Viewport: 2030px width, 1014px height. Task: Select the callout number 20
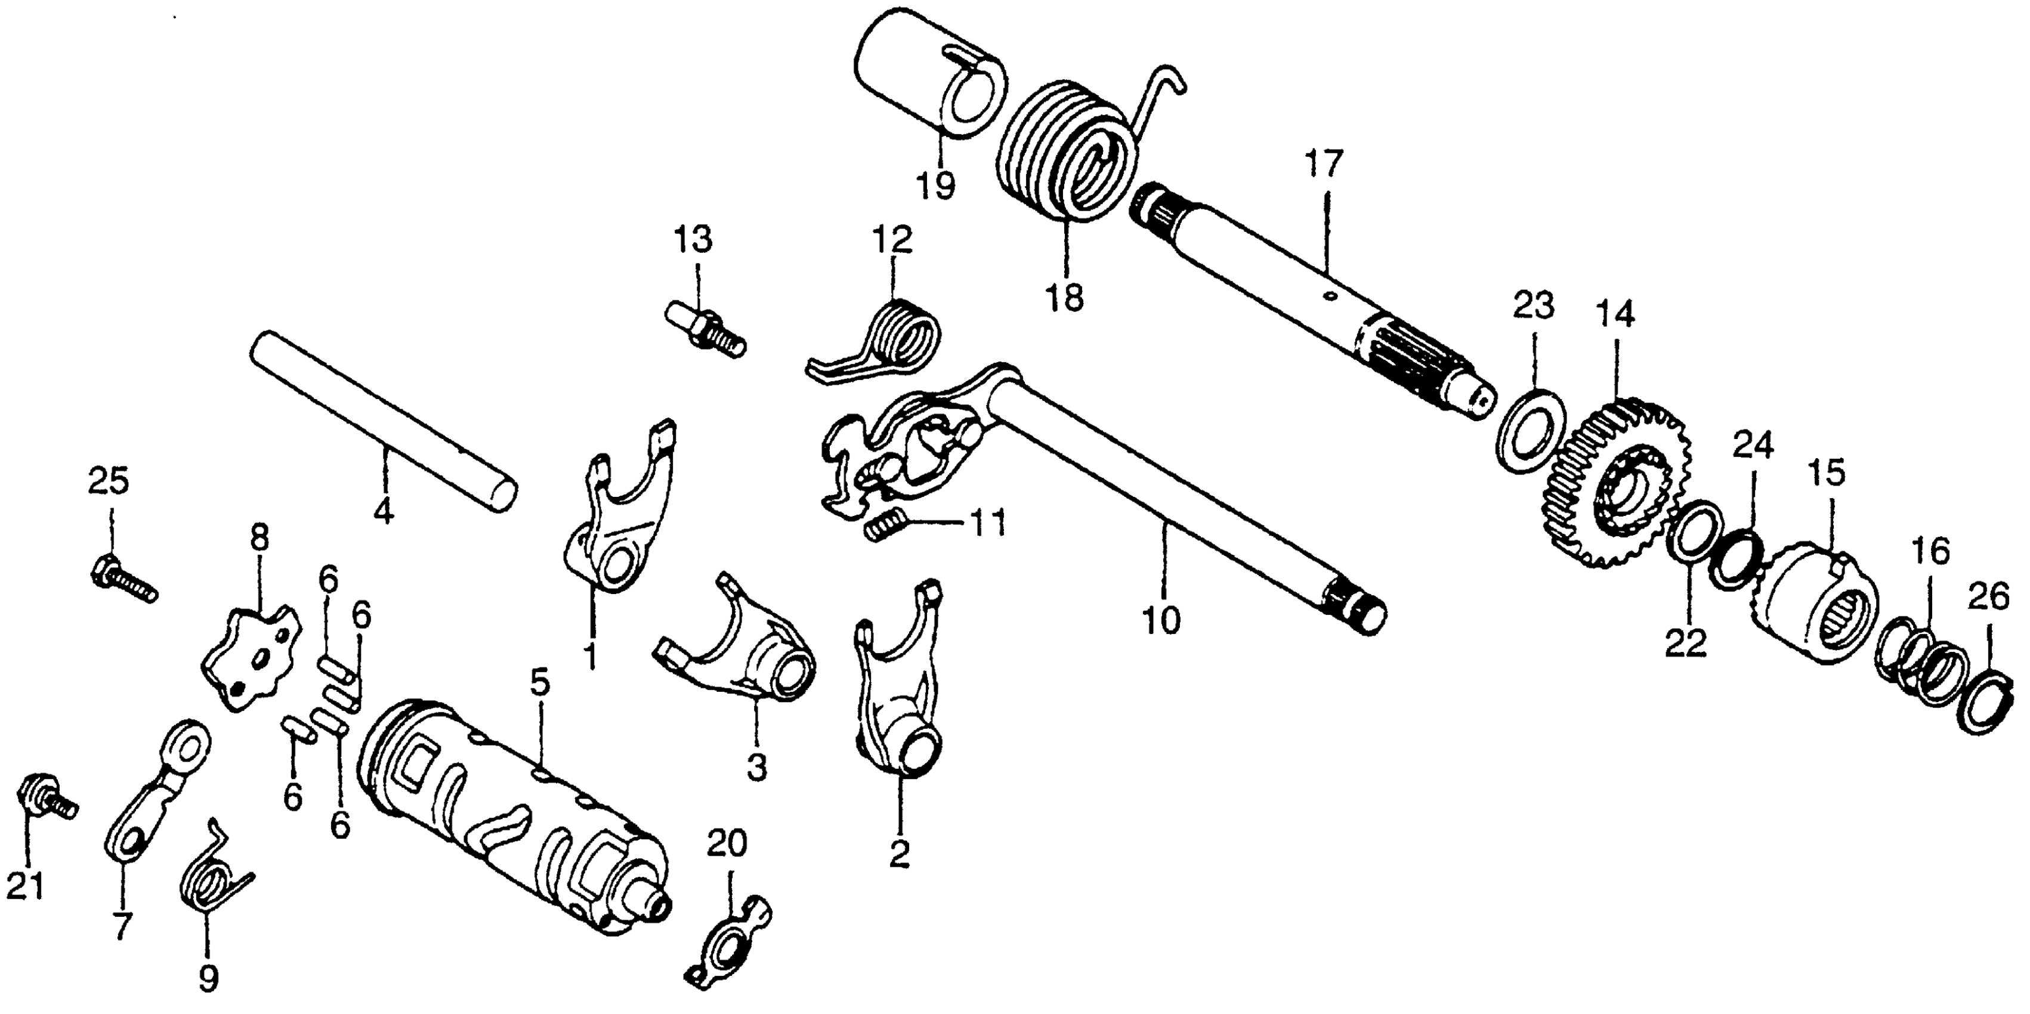tap(727, 845)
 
